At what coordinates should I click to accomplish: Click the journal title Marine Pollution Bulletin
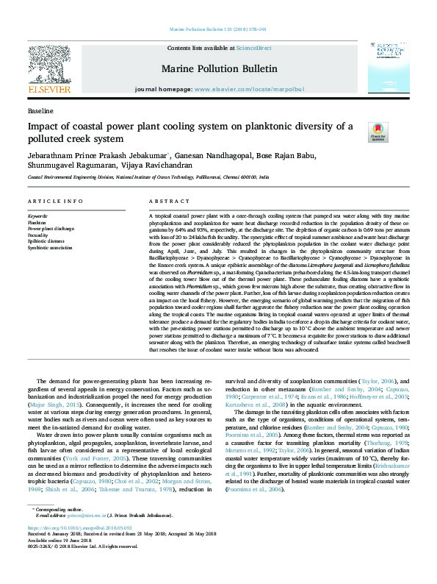(219, 69)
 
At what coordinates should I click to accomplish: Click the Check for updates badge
(378, 131)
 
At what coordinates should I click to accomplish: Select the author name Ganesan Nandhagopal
(218, 155)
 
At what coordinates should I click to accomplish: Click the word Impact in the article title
(44, 126)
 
